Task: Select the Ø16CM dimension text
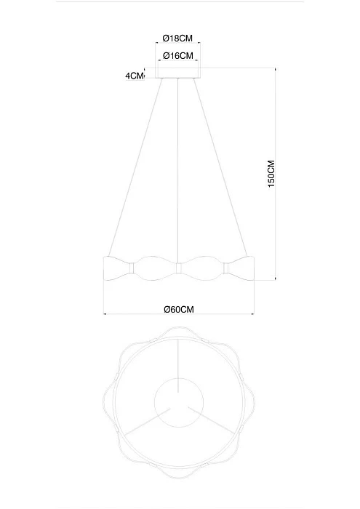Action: (177, 56)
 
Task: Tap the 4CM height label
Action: (135, 75)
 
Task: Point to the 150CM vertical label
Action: (271, 175)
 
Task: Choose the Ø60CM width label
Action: (179, 308)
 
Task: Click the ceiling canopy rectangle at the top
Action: (178, 73)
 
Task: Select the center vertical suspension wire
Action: (178, 167)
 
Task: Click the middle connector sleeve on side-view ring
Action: (178, 269)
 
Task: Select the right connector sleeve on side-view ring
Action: (225, 269)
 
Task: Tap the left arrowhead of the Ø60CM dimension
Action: (106, 315)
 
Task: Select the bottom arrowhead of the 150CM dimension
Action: (276, 277)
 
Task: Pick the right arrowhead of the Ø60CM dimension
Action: (251, 315)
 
